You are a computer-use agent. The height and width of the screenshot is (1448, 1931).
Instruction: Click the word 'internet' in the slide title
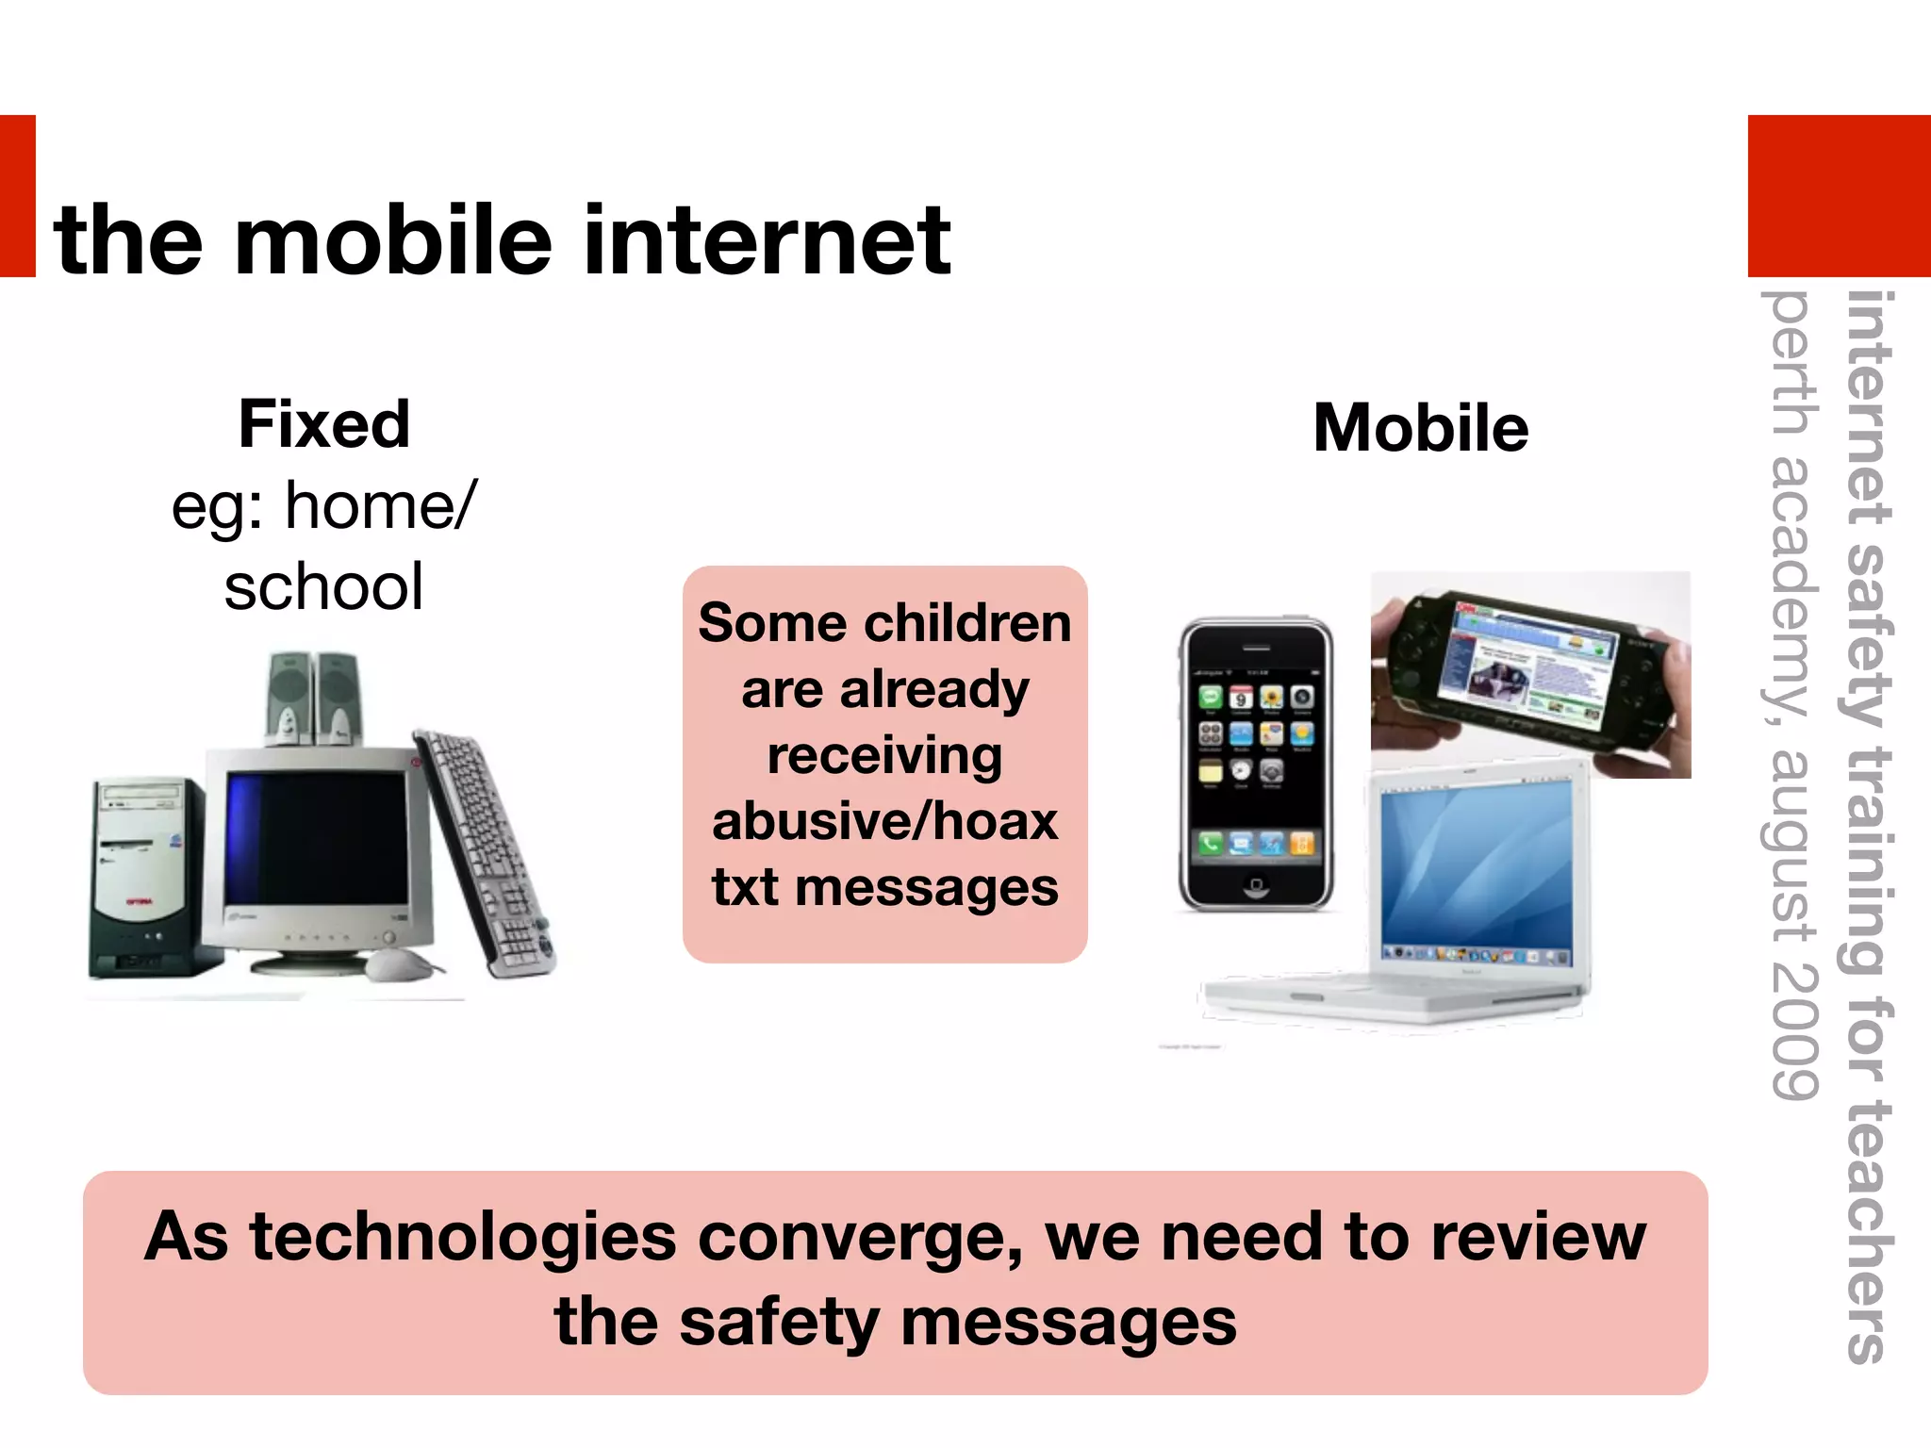point(767,242)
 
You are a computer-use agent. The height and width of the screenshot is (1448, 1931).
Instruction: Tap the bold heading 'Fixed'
point(324,424)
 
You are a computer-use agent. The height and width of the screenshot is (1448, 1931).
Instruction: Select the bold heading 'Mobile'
point(1420,428)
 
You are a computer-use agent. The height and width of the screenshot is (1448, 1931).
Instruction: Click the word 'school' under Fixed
point(323,587)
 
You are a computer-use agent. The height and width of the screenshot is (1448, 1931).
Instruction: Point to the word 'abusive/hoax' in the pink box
point(884,821)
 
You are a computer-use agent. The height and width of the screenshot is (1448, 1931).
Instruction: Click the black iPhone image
point(1256,764)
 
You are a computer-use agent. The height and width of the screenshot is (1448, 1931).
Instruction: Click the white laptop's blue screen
point(1476,869)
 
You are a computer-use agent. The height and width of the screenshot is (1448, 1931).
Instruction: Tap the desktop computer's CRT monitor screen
point(316,839)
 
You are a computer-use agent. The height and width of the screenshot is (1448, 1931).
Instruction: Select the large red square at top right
point(1839,195)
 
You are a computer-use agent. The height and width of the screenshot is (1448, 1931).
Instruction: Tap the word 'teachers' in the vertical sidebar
point(1867,1226)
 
